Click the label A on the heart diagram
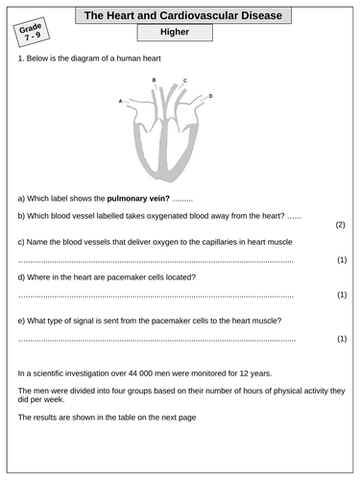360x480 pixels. (x=120, y=101)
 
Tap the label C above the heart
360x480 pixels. (x=185, y=81)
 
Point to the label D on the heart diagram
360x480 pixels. (x=210, y=97)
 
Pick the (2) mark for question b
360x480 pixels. (x=340, y=225)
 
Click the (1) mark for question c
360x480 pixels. (x=341, y=260)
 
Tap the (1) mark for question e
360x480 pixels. (x=341, y=339)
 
